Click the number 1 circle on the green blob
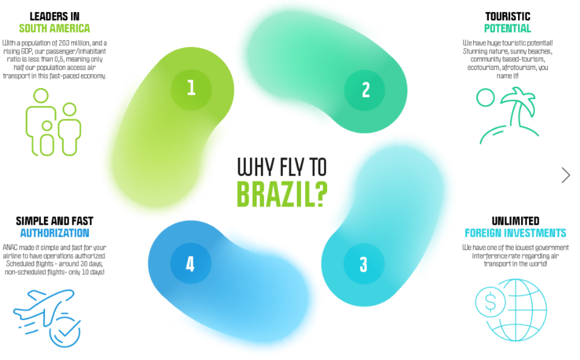coord(192,89)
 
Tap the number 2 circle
coord(365,90)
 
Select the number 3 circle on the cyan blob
coord(364,263)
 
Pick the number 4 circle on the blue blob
coord(190,263)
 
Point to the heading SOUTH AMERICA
coord(55,29)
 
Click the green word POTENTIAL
coord(508,29)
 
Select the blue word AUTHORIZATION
coord(55,233)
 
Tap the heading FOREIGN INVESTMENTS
coord(516,233)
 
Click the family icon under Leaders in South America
coord(54,122)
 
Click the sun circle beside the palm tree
coord(485,98)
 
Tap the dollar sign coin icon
coord(490,302)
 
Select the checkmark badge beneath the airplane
coord(65,332)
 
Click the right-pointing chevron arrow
coord(565,175)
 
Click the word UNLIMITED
coord(516,221)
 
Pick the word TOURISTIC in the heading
coord(508,16)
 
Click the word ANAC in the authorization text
coord(10,247)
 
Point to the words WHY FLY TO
coord(282,167)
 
